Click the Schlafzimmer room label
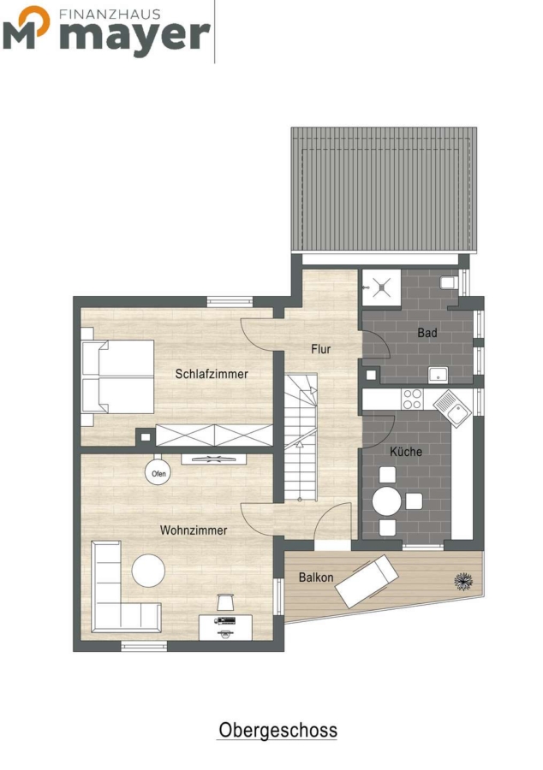point(212,374)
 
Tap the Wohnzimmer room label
point(194,530)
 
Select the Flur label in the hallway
point(321,349)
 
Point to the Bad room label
point(427,333)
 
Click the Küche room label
point(406,451)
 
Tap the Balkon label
point(316,577)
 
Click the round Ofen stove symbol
point(158,473)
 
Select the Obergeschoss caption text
point(278,731)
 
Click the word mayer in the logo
point(135,35)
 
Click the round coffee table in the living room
point(148,570)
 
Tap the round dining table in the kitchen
point(387,501)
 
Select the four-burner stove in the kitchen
point(412,399)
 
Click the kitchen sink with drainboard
point(452,409)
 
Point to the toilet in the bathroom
point(450,283)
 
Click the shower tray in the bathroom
point(381,287)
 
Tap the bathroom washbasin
point(437,375)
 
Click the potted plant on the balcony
point(463,581)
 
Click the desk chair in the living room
point(225,601)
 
